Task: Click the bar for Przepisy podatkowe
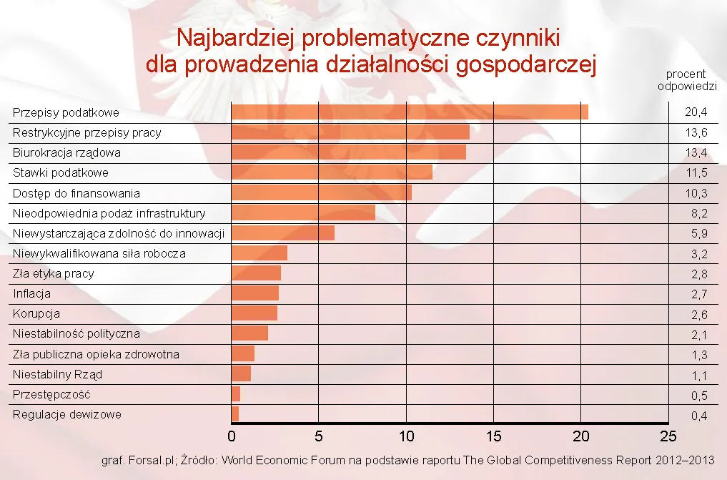point(410,112)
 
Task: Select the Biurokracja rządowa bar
point(348,152)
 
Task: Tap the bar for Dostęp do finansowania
point(321,192)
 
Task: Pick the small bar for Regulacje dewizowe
point(235,414)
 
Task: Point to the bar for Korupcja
point(254,313)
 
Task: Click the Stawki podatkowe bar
point(332,172)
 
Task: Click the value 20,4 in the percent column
point(696,112)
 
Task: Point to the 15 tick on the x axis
point(493,436)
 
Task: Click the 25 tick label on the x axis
point(668,436)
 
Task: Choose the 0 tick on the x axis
point(232,436)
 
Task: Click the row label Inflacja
point(31,293)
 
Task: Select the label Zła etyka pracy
point(53,273)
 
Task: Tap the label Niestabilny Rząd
point(57,374)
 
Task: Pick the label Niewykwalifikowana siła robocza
point(99,253)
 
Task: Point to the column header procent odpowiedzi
point(686,79)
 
